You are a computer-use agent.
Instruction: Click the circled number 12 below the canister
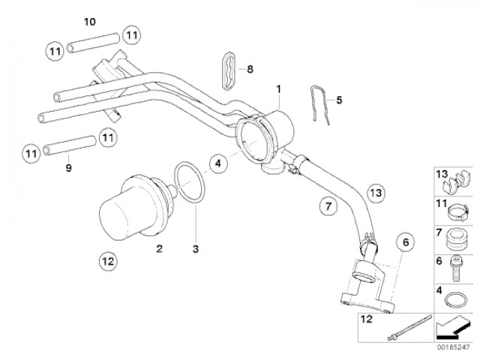point(107,262)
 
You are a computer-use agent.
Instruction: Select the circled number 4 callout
point(216,162)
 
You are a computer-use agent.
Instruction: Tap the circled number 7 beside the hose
point(325,205)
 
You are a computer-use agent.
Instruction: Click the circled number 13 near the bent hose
point(375,193)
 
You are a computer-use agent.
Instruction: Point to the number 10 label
point(91,20)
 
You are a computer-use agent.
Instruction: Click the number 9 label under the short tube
point(68,167)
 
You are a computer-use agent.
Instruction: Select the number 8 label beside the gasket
point(250,69)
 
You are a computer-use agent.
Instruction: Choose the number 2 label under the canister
point(158,247)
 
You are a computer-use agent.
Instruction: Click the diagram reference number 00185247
point(454,348)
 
